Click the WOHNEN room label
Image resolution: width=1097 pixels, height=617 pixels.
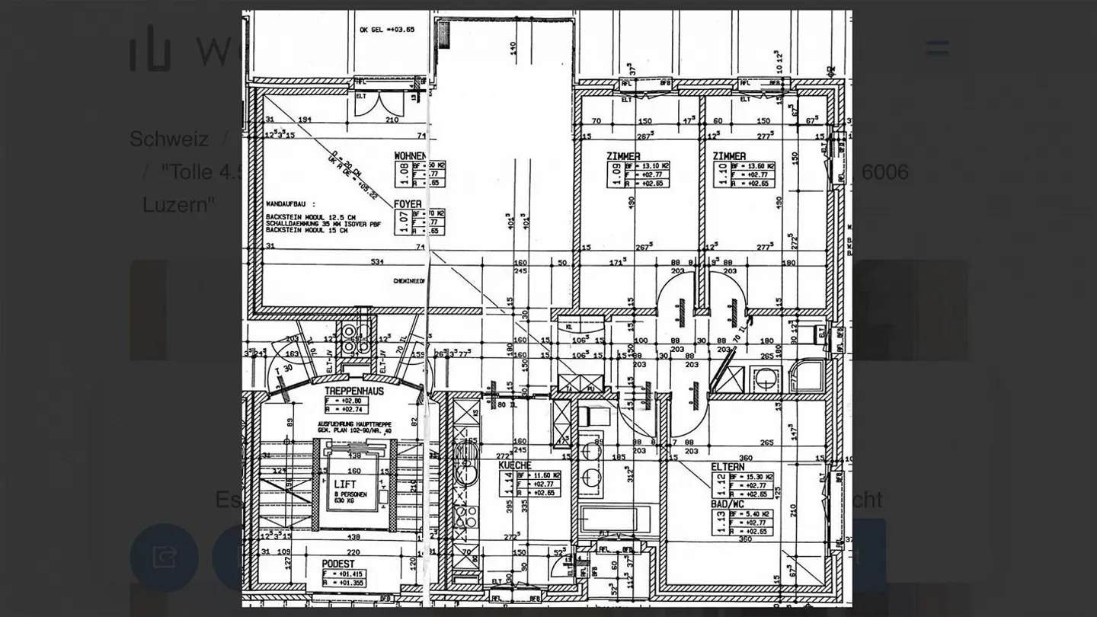coord(410,156)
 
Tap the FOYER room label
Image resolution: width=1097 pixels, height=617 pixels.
coord(408,204)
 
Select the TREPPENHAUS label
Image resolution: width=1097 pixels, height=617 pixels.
coord(354,391)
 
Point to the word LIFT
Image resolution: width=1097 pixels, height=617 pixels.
coord(345,484)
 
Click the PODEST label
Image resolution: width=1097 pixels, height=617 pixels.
coord(337,564)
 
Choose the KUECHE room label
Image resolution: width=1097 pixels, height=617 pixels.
coord(515,465)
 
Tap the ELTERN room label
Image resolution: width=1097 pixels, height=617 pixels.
coord(728,466)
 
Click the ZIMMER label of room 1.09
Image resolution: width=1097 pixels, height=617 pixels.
coord(623,156)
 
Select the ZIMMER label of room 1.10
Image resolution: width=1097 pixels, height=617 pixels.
coord(729,156)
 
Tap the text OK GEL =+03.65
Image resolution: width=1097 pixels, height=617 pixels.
coord(387,30)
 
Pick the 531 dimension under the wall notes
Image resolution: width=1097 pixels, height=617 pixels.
coord(376,262)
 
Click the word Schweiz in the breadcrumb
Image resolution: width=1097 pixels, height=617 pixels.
coord(168,139)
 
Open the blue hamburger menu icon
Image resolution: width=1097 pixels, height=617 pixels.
coord(937,48)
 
